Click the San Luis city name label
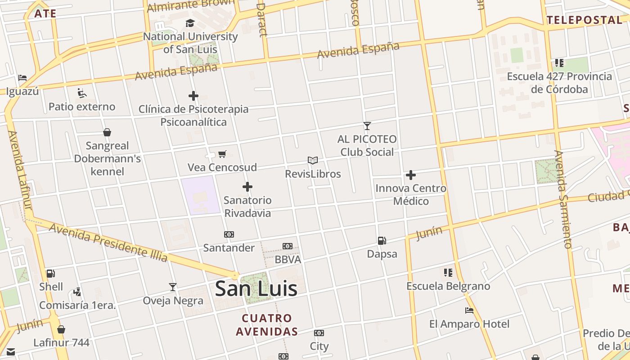pyautogui.click(x=256, y=288)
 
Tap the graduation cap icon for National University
pyautogui.click(x=190, y=23)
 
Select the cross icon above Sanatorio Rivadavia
pyautogui.click(x=247, y=187)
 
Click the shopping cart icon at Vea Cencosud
pyautogui.click(x=222, y=154)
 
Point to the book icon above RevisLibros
pyautogui.click(x=313, y=160)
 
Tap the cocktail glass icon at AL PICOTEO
pyautogui.click(x=367, y=126)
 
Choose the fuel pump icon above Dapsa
pyautogui.click(x=382, y=241)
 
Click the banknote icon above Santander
pyautogui.click(x=229, y=234)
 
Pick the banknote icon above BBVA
pyautogui.click(x=288, y=246)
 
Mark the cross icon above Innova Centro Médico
pyautogui.click(x=410, y=175)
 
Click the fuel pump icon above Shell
pyautogui.click(x=51, y=274)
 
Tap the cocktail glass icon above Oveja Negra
pyautogui.click(x=173, y=287)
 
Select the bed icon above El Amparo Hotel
pyautogui.click(x=469, y=310)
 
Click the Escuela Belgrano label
pyautogui.click(x=448, y=286)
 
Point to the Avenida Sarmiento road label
pyautogui.click(x=562, y=199)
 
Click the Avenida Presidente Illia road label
pyautogui.click(x=108, y=242)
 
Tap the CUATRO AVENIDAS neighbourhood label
pyautogui.click(x=267, y=325)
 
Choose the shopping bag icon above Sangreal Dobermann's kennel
pyautogui.click(x=107, y=132)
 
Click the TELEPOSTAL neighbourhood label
pyautogui.click(x=584, y=20)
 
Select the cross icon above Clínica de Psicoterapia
pyautogui.click(x=193, y=96)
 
